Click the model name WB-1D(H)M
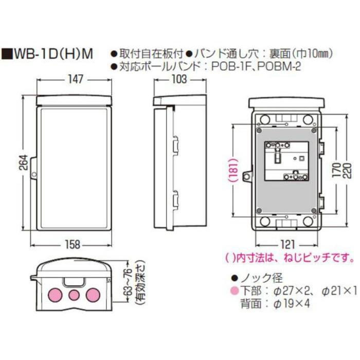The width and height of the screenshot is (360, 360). click(x=55, y=53)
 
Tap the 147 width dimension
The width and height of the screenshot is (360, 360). click(x=75, y=80)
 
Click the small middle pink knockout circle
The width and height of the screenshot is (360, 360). click(x=74, y=295)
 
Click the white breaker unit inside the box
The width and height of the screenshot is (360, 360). click(x=286, y=160)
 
